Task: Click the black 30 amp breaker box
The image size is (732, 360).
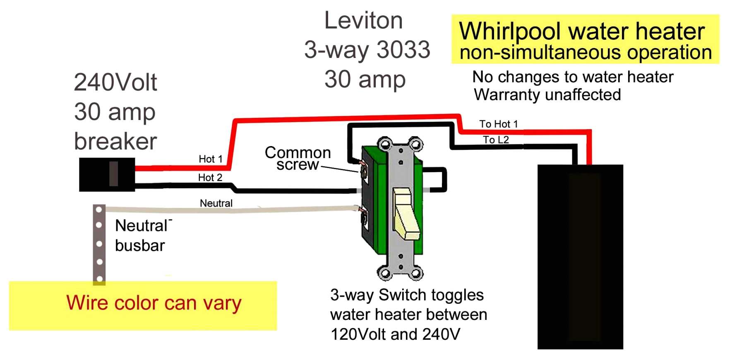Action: click(107, 174)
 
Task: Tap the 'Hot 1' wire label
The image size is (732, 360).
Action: click(210, 159)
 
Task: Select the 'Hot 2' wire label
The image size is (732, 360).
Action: click(210, 178)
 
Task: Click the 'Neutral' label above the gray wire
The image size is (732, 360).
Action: click(216, 203)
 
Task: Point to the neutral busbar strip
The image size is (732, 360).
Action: click(99, 244)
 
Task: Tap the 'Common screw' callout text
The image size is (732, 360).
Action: click(298, 158)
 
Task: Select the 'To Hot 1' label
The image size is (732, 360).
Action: click(498, 124)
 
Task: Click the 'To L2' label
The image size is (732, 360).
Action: click(496, 140)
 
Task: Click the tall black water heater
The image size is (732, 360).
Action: click(580, 257)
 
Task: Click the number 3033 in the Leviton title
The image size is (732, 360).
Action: click(403, 50)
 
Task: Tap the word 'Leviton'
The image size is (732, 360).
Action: click(363, 20)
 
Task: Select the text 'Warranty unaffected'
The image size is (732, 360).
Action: click(547, 95)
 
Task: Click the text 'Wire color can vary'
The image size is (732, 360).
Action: click(154, 303)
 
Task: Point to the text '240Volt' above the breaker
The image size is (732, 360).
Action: click(115, 82)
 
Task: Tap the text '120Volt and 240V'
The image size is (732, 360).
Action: click(395, 334)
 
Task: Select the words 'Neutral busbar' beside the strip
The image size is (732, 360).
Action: click(141, 235)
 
